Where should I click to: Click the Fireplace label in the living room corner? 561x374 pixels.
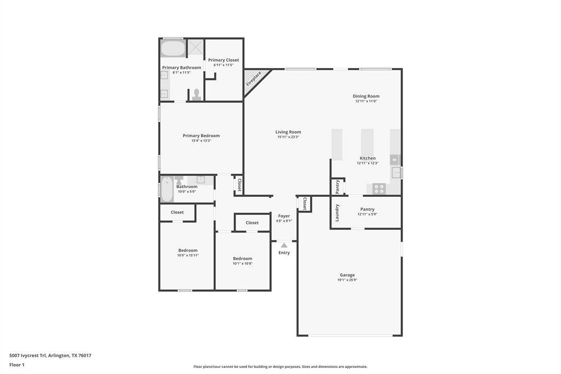point(254,78)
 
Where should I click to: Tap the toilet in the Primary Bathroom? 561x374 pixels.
point(197,95)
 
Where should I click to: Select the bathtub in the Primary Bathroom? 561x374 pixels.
point(173,49)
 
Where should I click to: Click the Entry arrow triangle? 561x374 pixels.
point(284,245)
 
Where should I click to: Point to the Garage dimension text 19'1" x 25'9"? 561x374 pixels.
point(347,280)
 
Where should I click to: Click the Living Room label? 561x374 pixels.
point(288,132)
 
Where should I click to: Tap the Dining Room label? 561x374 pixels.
point(366,96)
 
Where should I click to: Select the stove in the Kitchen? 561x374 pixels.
point(379,189)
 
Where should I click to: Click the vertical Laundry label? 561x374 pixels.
point(337,212)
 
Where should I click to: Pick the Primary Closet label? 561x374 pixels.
point(224,60)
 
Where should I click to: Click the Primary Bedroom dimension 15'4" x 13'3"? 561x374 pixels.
point(201,141)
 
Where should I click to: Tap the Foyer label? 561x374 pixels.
point(284,216)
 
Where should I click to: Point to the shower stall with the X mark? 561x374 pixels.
point(196,48)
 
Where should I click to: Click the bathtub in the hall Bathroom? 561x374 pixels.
point(167,189)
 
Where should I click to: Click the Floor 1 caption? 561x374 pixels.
point(17,365)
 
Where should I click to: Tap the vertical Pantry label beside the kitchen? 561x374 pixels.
point(337,187)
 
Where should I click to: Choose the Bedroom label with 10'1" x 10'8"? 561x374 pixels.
point(242,258)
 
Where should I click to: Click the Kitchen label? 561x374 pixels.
point(368,158)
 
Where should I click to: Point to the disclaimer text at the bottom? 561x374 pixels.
point(280,367)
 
